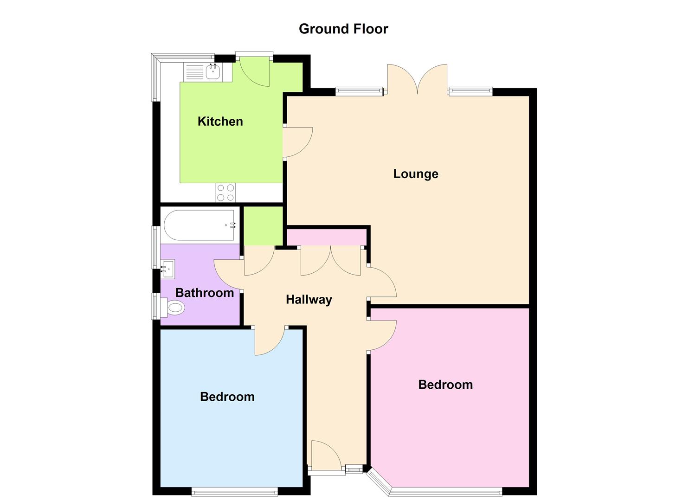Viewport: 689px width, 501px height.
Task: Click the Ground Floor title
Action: pyautogui.click(x=343, y=29)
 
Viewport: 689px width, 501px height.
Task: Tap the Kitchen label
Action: pyautogui.click(x=220, y=122)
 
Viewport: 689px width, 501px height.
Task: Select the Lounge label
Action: pyautogui.click(x=415, y=174)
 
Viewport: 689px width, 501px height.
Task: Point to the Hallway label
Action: pyautogui.click(x=309, y=300)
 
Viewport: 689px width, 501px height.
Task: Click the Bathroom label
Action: pyautogui.click(x=204, y=293)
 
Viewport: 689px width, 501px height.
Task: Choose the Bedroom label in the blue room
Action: pyautogui.click(x=227, y=397)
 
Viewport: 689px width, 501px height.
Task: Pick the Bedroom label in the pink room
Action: pyautogui.click(x=445, y=385)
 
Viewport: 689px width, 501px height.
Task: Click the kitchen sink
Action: pyautogui.click(x=213, y=72)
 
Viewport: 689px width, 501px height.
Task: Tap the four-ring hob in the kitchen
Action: pyautogui.click(x=225, y=193)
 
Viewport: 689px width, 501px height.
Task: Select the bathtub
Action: pyautogui.click(x=200, y=225)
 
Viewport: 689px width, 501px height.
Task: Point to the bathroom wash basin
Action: pyautogui.click(x=167, y=268)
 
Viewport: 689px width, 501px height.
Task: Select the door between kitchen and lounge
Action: pyautogui.click(x=297, y=141)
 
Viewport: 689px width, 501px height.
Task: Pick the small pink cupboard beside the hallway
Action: pyautogui.click(x=326, y=237)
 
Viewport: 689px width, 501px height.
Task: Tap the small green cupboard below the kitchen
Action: pyautogui.click(x=264, y=226)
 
